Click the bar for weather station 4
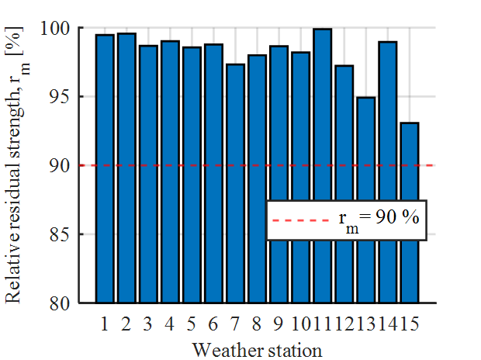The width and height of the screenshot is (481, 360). [x=170, y=171]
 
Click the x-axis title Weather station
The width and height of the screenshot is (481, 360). [x=257, y=348]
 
